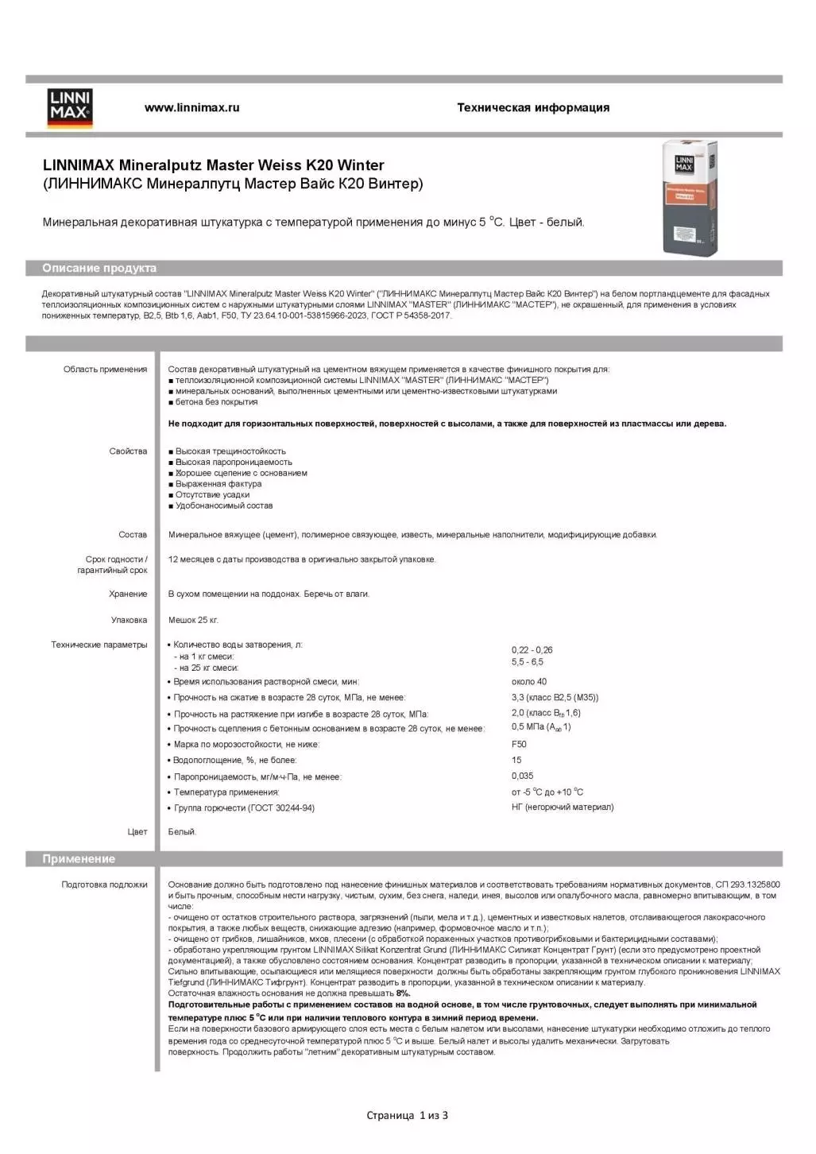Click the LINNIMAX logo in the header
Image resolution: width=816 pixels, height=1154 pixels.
pyautogui.click(x=71, y=108)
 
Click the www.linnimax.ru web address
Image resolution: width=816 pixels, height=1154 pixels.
pyautogui.click(x=191, y=107)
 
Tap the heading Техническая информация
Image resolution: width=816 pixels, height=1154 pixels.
pyautogui.click(x=533, y=107)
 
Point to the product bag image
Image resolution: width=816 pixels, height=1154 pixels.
pyautogui.click(x=690, y=197)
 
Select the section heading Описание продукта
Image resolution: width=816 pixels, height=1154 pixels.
pyautogui.click(x=99, y=268)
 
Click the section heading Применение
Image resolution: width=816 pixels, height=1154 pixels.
pyautogui.click(x=79, y=858)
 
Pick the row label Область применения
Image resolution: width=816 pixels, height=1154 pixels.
pyautogui.click(x=105, y=369)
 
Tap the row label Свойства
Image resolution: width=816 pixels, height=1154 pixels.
pyautogui.click(x=128, y=451)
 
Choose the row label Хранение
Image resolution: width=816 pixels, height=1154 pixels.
pyautogui.click(x=128, y=594)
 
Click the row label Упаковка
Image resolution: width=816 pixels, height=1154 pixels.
pyautogui.click(x=129, y=620)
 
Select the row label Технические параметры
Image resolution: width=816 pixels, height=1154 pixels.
pyautogui.click(x=99, y=645)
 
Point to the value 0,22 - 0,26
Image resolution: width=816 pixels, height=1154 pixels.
pyautogui.click(x=532, y=650)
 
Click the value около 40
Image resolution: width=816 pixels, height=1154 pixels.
pyautogui.click(x=529, y=681)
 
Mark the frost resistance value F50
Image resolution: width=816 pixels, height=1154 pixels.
pyautogui.click(x=519, y=744)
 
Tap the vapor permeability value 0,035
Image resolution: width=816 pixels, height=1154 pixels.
pyautogui.click(x=522, y=776)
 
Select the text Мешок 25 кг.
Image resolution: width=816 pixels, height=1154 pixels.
pyautogui.click(x=193, y=620)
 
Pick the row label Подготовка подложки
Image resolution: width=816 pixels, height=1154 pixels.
pyautogui.click(x=104, y=884)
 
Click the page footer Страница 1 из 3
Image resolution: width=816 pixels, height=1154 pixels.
pyautogui.click(x=407, y=1115)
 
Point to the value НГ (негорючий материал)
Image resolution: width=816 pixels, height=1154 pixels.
pyautogui.click(x=563, y=807)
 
